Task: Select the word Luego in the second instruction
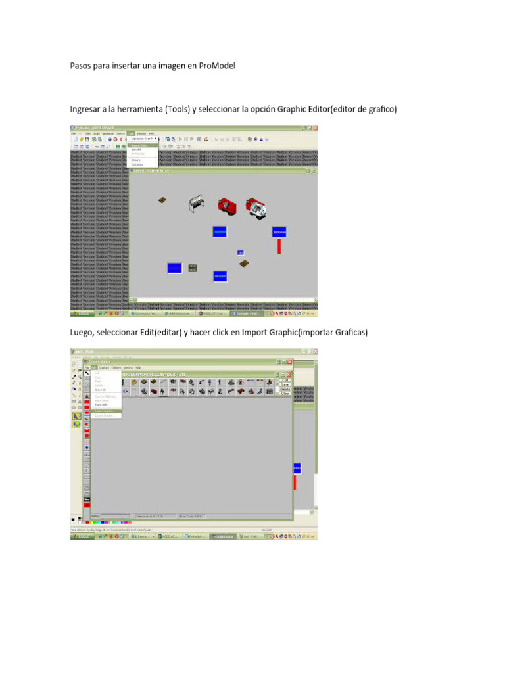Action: click(83, 333)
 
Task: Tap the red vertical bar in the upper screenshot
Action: click(279, 246)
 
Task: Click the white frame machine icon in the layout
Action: click(197, 202)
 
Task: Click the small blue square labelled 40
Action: click(241, 252)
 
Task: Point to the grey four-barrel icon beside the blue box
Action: click(193, 267)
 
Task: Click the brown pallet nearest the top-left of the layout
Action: click(162, 200)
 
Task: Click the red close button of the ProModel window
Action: click(315, 128)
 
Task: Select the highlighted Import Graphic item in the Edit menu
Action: click(105, 411)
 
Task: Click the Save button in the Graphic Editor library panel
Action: click(285, 384)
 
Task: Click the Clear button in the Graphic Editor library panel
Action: click(285, 393)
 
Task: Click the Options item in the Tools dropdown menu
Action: click(136, 160)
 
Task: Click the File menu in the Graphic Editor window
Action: click(87, 367)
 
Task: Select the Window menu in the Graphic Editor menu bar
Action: click(128, 367)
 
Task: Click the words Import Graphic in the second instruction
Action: click(270, 333)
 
